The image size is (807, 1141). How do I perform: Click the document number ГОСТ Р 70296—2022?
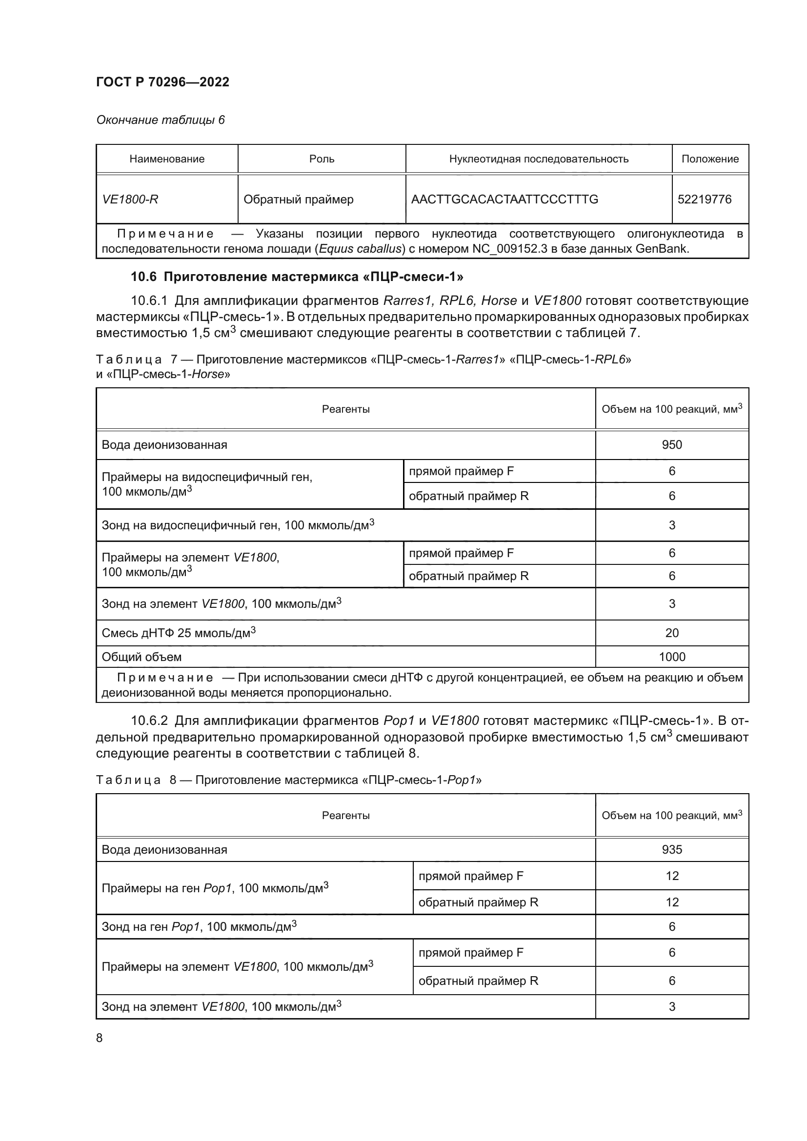tap(162, 82)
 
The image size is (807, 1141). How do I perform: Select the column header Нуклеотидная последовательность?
tap(539, 159)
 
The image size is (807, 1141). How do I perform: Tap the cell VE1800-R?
tap(130, 200)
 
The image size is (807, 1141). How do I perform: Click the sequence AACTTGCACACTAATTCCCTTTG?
tap(504, 200)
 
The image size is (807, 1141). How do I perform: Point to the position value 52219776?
tap(704, 200)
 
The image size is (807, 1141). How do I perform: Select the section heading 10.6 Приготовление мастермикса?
tap(297, 277)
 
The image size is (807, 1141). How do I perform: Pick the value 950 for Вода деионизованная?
tap(672, 445)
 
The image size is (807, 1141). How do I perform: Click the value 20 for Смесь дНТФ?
tap(672, 633)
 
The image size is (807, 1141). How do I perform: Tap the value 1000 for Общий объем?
tap(672, 657)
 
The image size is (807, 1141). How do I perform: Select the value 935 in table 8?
tap(672, 849)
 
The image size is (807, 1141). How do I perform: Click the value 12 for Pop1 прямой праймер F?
tap(672, 876)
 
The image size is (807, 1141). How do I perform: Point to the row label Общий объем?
tap(141, 657)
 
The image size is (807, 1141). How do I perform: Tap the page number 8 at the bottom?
tap(100, 1038)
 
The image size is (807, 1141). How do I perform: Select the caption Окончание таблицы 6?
tap(160, 120)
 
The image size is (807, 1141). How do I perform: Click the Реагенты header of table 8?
tap(345, 815)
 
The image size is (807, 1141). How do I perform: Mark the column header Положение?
tap(709, 159)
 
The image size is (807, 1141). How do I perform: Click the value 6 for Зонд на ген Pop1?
tap(672, 926)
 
